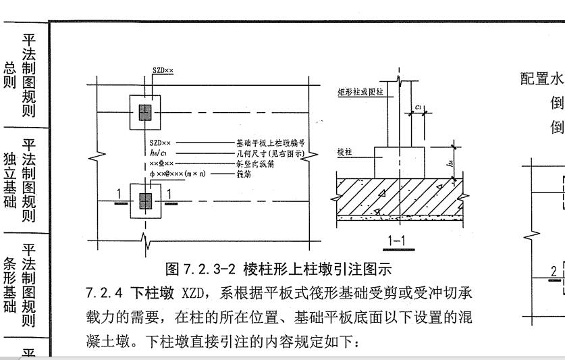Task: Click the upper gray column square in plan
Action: [x=144, y=112]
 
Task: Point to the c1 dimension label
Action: [x=419, y=107]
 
